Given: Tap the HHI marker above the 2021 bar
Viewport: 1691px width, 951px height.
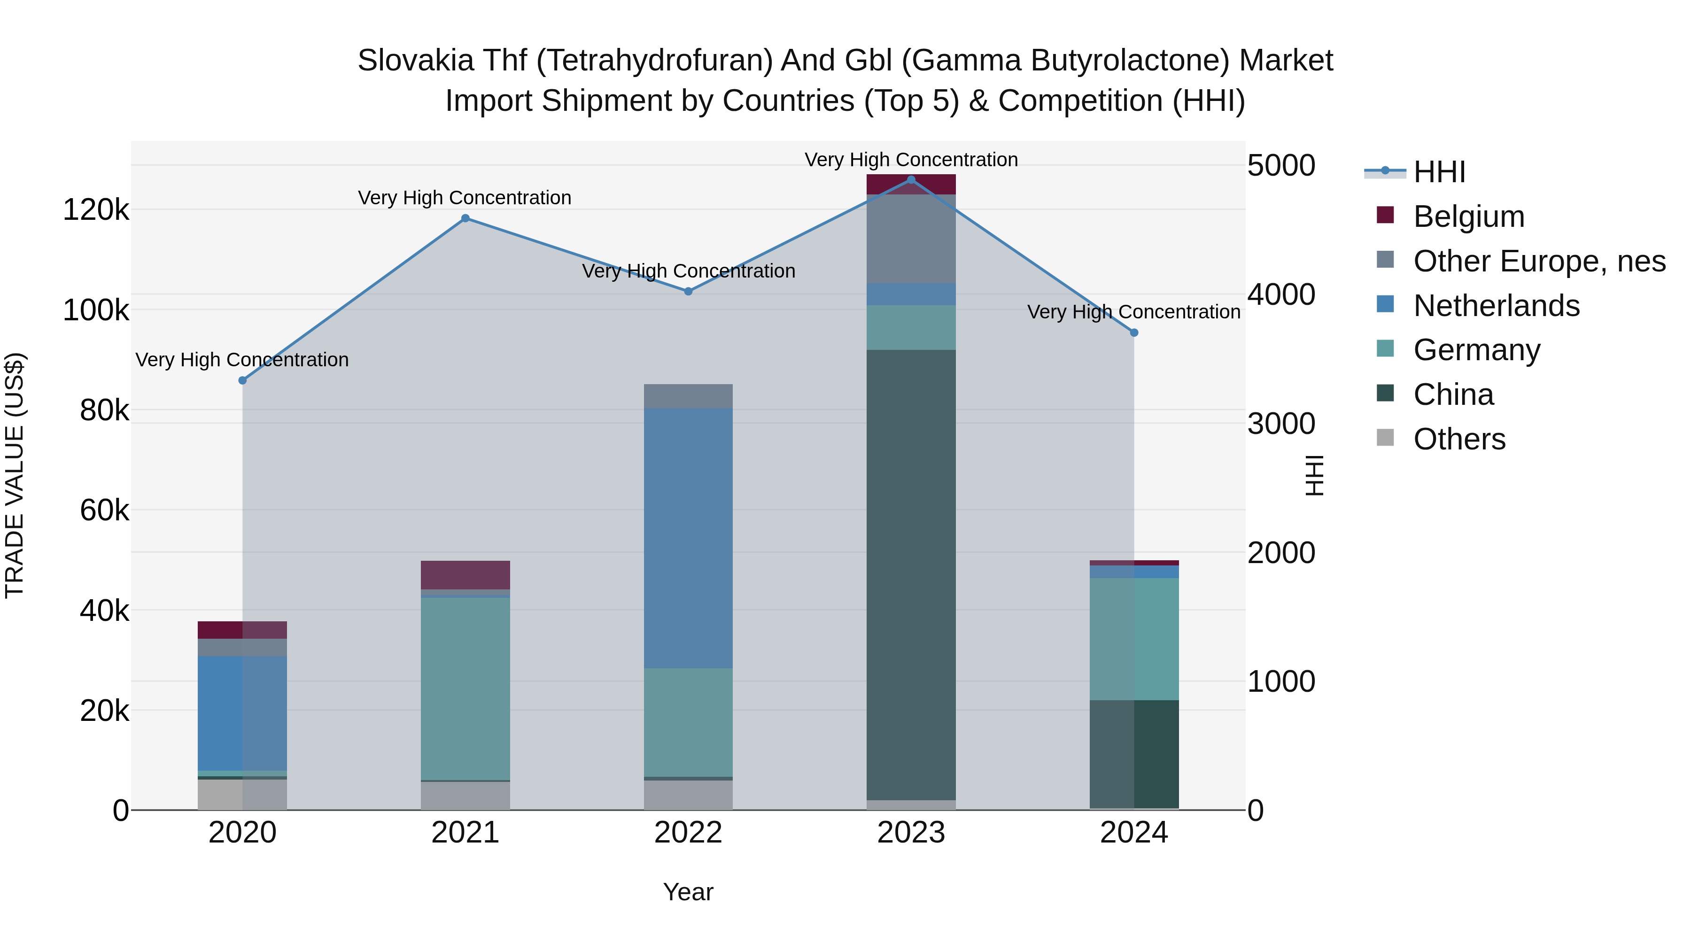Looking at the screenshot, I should click(465, 218).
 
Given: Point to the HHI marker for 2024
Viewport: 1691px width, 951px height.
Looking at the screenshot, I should click(1134, 333).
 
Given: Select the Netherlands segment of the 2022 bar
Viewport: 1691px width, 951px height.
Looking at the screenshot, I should click(688, 538).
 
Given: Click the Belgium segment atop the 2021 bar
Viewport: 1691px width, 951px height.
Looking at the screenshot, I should click(465, 575).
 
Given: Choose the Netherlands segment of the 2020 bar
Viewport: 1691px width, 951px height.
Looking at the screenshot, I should click(242, 713).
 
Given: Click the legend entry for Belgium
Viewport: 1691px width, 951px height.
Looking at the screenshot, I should click(1468, 216).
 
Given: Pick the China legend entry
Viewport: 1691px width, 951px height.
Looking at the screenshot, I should click(1453, 394).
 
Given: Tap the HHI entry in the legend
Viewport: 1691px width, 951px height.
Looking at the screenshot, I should click(1439, 172).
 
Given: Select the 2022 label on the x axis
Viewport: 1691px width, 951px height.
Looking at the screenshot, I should click(688, 833).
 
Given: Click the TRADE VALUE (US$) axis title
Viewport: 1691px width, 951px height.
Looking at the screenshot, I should click(15, 475).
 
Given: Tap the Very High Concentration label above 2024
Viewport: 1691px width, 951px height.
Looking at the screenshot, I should click(1134, 312).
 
